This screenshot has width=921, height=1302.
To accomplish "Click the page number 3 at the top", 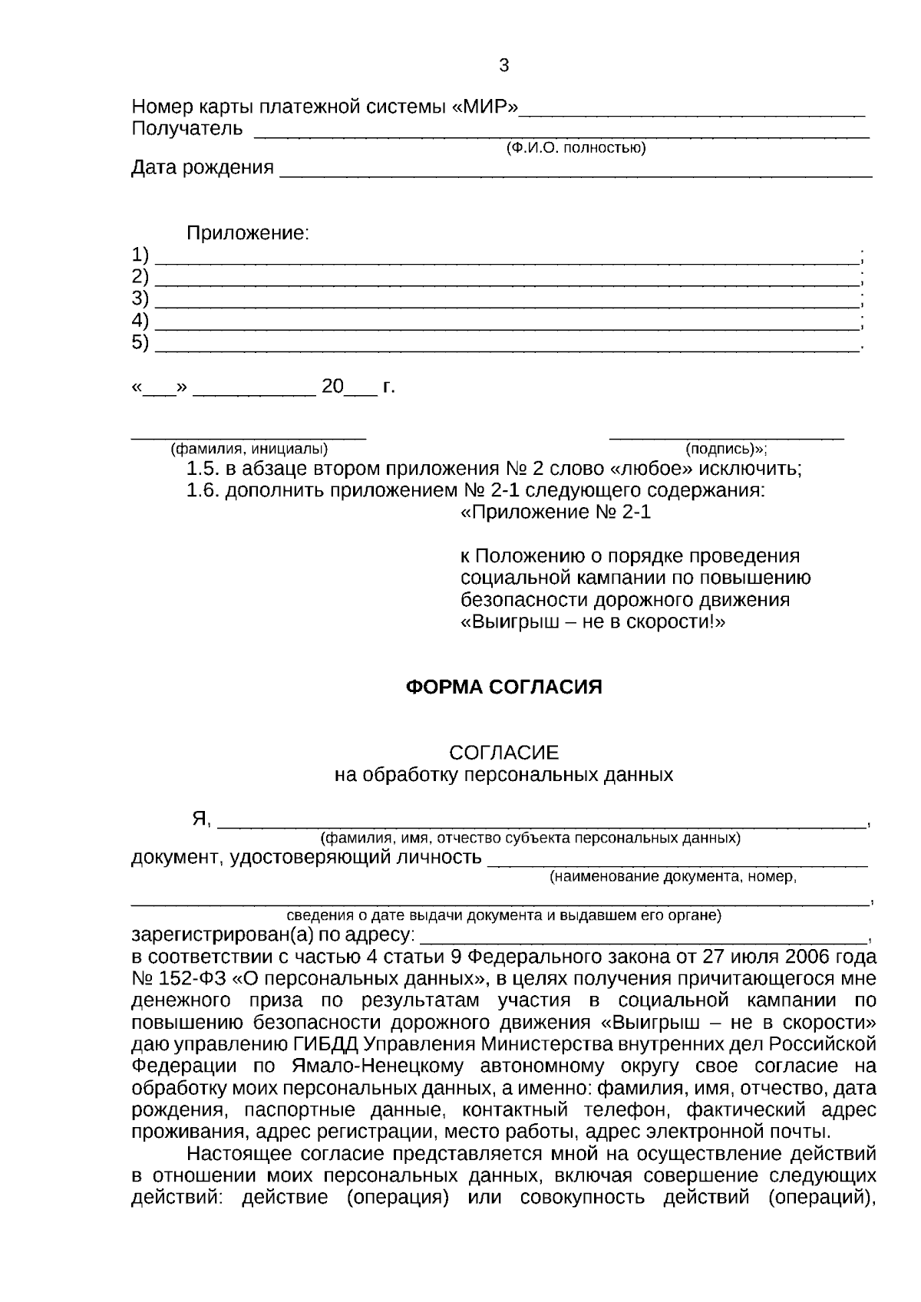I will pos(503,66).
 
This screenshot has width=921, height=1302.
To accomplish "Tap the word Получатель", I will pos(187,128).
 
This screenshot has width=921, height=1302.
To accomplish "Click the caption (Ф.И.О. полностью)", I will pos(575,147).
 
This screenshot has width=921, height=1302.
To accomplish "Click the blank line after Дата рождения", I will pos(576,170).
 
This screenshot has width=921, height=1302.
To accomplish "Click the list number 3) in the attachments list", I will pos(140,298).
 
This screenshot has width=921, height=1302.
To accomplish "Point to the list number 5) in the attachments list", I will pos(140,342).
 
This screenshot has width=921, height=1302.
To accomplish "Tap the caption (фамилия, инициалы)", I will pos(249,449).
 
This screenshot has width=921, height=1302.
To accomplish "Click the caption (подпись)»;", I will pos(726,449).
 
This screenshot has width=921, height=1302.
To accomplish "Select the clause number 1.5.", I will pos(203,469).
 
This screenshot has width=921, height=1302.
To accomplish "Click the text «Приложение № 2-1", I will pos(556,513).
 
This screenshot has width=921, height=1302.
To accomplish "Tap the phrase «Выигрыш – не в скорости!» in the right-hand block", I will pos(593,621).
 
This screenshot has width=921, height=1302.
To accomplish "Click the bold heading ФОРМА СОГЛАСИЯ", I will pos(503,687).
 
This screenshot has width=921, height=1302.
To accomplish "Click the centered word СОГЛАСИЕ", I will pos(503,753).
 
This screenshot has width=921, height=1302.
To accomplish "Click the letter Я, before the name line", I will pos(201,819).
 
